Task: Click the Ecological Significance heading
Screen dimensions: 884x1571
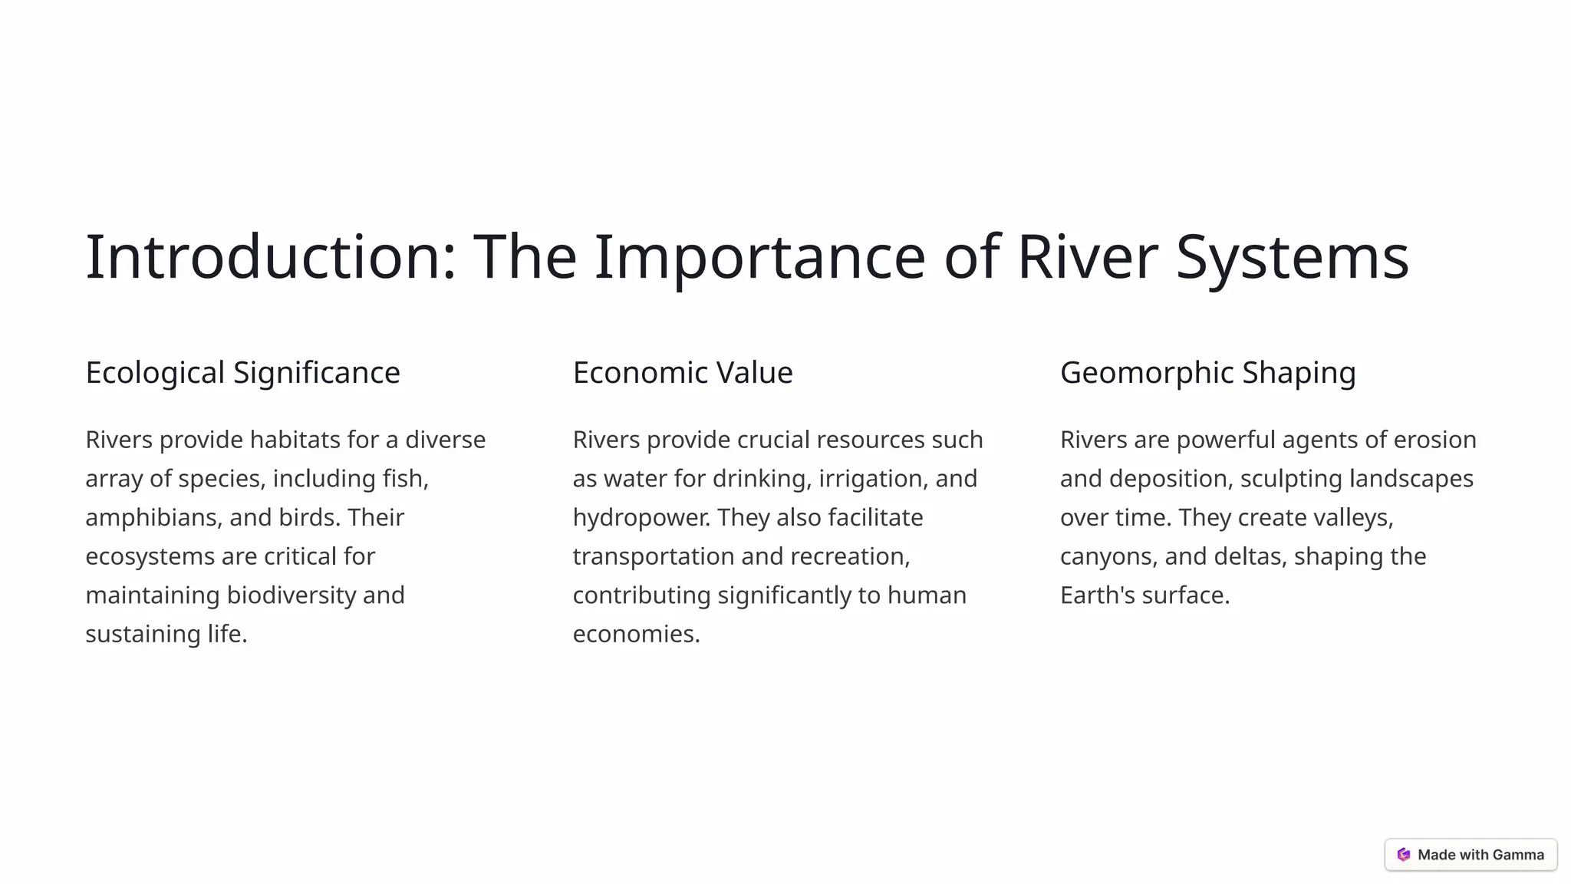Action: [x=242, y=373]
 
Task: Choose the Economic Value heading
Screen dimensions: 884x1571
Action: [x=683, y=373]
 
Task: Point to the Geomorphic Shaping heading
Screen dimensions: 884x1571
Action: [x=1207, y=373]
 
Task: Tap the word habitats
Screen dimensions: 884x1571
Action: [x=295, y=440]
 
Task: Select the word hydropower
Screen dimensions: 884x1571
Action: [x=641, y=518]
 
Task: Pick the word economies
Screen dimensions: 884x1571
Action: [x=636, y=635]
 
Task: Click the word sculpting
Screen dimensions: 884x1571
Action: [x=1291, y=479]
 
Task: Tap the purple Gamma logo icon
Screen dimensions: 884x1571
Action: [x=1403, y=855]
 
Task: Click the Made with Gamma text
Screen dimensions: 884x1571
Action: [x=1480, y=855]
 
